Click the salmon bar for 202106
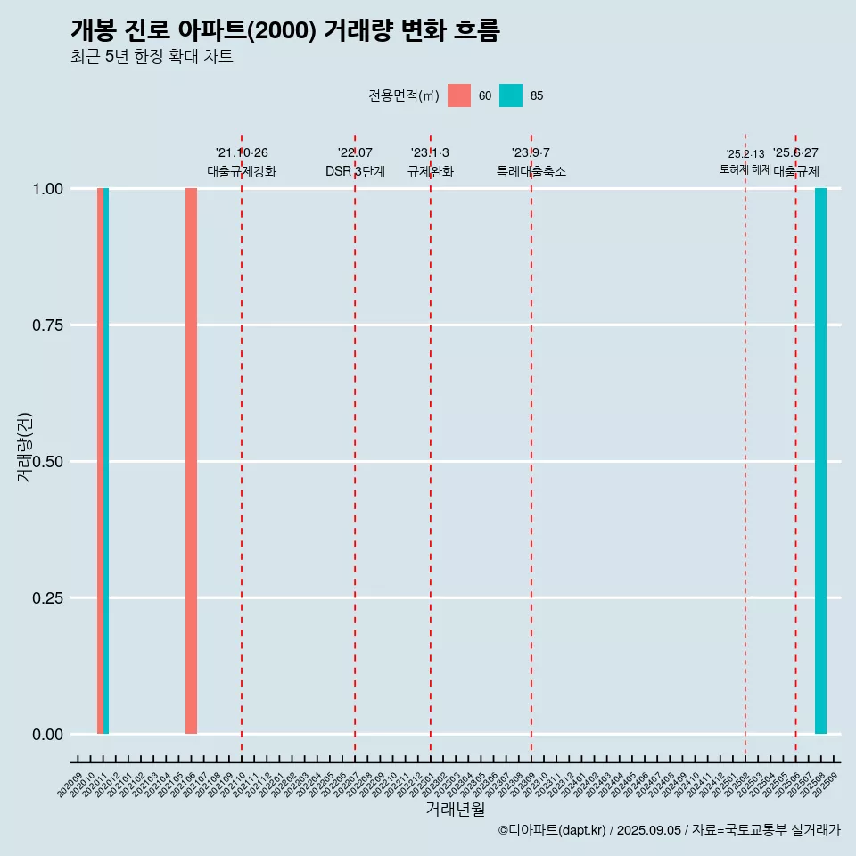pos(191,461)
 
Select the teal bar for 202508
pos(820,461)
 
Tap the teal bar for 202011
pos(106,461)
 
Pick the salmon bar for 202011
pos(100,461)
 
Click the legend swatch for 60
pos(459,95)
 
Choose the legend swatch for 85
pos(511,95)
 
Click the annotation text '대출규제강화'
pos(242,171)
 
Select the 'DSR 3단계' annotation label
pos(355,171)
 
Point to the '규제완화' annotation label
pos(431,171)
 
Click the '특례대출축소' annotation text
pos(531,171)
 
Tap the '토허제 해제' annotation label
pos(745,169)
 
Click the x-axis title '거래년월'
pos(456,809)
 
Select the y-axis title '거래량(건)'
pos(25,447)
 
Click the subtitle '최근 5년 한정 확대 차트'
pos(152,57)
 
